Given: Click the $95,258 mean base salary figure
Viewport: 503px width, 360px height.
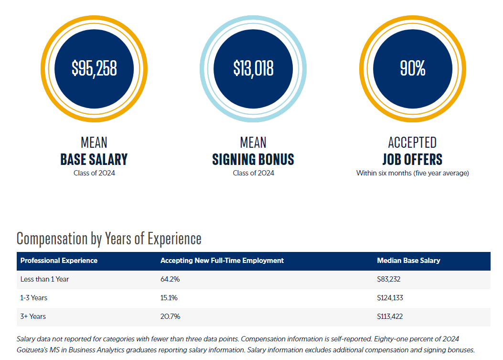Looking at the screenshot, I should pyautogui.click(x=94, y=69).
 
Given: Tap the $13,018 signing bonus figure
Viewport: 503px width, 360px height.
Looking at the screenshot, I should pyautogui.click(x=253, y=69).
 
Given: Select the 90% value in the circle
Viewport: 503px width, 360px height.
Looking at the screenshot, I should pyautogui.click(x=412, y=69).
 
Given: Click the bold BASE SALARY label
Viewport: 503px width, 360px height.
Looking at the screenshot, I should pyautogui.click(x=94, y=159).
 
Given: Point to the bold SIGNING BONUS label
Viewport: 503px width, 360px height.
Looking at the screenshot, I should pyautogui.click(x=253, y=159).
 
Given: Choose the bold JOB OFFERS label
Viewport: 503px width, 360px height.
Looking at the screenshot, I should pyautogui.click(x=412, y=159).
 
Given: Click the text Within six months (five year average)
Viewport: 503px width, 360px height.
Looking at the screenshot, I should pyautogui.click(x=412, y=173).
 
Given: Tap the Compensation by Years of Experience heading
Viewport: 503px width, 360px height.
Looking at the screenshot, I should pyautogui.click(x=109, y=238).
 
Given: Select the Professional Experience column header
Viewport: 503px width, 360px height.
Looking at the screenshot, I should pyautogui.click(x=59, y=261).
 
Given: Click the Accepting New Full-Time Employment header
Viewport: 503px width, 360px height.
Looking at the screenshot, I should pyautogui.click(x=222, y=261).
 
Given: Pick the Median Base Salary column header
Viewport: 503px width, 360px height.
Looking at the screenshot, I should pyautogui.click(x=408, y=261).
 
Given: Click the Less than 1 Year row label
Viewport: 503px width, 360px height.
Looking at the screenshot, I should pyautogui.click(x=44, y=279).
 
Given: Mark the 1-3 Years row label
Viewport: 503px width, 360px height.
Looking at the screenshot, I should pyautogui.click(x=34, y=298).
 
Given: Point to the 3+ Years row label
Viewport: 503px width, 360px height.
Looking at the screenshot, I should pyautogui.click(x=33, y=316).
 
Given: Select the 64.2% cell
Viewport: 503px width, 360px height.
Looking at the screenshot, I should pyautogui.click(x=170, y=279).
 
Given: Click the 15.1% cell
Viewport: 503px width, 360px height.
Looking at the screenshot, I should pyautogui.click(x=169, y=298).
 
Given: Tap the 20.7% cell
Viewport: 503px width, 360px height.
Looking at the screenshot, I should pyautogui.click(x=170, y=316).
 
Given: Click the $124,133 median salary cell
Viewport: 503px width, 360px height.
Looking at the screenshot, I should pyautogui.click(x=390, y=298).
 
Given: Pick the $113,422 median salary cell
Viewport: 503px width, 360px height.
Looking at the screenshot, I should pyautogui.click(x=390, y=316).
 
